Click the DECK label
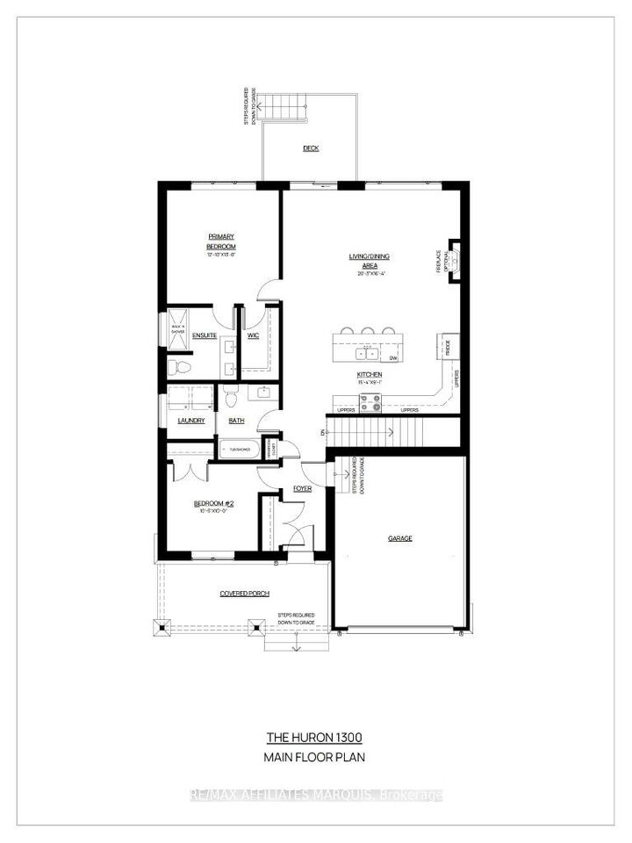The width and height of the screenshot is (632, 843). click(311, 148)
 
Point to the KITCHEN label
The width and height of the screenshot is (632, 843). click(368, 377)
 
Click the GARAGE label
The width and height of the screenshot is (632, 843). click(399, 538)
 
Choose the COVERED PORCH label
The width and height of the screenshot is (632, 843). click(244, 594)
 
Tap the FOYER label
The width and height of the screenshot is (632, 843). click(303, 488)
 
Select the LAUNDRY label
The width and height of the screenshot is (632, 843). click(190, 421)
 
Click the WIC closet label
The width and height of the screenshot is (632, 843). click(253, 335)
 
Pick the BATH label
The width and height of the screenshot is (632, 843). click(236, 421)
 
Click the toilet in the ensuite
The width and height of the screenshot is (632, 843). click(176, 364)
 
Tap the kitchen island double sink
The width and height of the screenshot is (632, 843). click(368, 354)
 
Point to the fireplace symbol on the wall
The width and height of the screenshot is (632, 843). click(456, 261)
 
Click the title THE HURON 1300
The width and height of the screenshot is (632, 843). click(313, 737)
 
